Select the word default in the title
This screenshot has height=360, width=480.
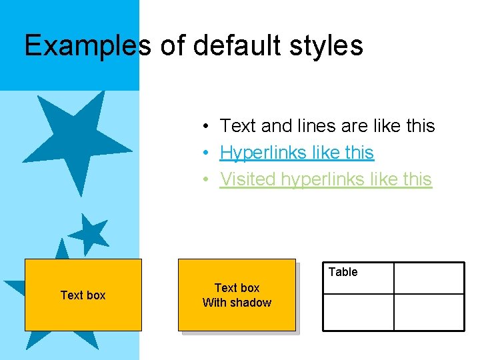coord(231,45)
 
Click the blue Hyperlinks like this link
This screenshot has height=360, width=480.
coord(297,153)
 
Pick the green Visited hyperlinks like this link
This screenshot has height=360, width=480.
coord(326,179)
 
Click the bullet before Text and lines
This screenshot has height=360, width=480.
coord(208,126)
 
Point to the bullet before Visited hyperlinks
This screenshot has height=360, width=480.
coord(208,179)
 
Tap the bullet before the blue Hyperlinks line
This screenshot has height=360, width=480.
coord(208,153)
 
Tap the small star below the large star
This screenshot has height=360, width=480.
coord(89,234)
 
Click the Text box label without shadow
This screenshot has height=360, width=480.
coord(83,295)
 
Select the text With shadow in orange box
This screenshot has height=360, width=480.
coord(237,303)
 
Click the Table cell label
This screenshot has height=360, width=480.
coord(343,272)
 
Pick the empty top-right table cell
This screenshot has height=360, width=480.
coord(429,278)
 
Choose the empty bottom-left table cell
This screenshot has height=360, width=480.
coord(358,312)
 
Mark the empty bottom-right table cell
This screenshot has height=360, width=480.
coord(429,312)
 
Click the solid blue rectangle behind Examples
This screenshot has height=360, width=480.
coord(69,73)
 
